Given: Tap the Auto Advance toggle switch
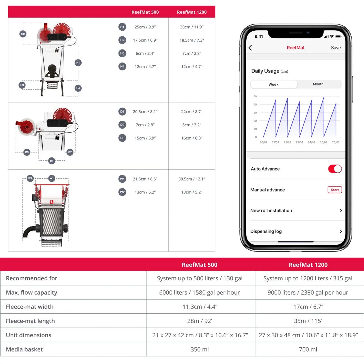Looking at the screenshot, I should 335,169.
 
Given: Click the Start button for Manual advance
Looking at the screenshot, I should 335,190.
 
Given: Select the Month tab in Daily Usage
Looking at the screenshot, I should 318,84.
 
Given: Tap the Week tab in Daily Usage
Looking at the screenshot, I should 273,84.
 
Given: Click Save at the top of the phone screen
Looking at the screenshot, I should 335,48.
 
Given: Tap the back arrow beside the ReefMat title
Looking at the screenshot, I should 250,48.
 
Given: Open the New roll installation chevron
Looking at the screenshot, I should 341,211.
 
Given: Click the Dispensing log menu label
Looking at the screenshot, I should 266,231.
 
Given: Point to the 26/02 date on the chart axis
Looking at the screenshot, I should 335,142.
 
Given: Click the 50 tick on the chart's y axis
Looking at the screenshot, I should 255,96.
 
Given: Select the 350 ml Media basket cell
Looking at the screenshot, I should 200,349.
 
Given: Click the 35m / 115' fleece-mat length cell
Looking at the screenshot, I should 308,321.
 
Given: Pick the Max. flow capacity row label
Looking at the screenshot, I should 32,292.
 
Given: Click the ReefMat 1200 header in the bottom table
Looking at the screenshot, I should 308,265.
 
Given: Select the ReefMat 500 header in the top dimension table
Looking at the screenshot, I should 145,12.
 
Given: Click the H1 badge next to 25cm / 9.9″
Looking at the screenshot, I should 122,27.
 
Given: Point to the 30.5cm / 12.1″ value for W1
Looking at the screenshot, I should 192,179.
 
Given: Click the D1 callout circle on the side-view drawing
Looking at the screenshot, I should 52,161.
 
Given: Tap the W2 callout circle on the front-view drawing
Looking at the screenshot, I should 30,178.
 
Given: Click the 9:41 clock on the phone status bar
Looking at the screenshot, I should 259,36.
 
